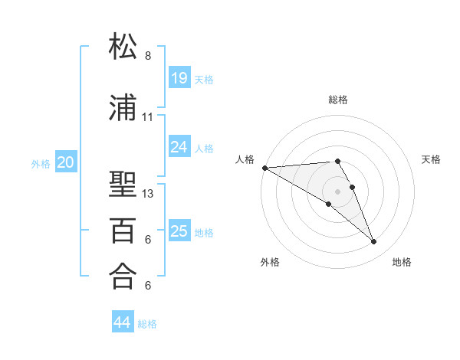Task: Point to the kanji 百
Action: point(124,230)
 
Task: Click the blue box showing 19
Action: point(179,77)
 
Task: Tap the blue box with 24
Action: point(179,146)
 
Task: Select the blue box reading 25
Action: point(179,231)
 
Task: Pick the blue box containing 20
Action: point(66,162)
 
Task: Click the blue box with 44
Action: point(123,322)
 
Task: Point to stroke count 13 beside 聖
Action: point(148,194)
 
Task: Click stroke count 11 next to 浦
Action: point(148,117)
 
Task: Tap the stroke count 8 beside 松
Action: point(148,56)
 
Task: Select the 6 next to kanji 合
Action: point(148,286)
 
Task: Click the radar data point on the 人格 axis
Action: point(264,168)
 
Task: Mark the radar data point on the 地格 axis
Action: point(374,242)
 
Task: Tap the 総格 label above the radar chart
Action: point(338,100)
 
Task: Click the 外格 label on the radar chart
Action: point(270,262)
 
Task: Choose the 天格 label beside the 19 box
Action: point(204,79)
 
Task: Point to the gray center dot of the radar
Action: point(337,191)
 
